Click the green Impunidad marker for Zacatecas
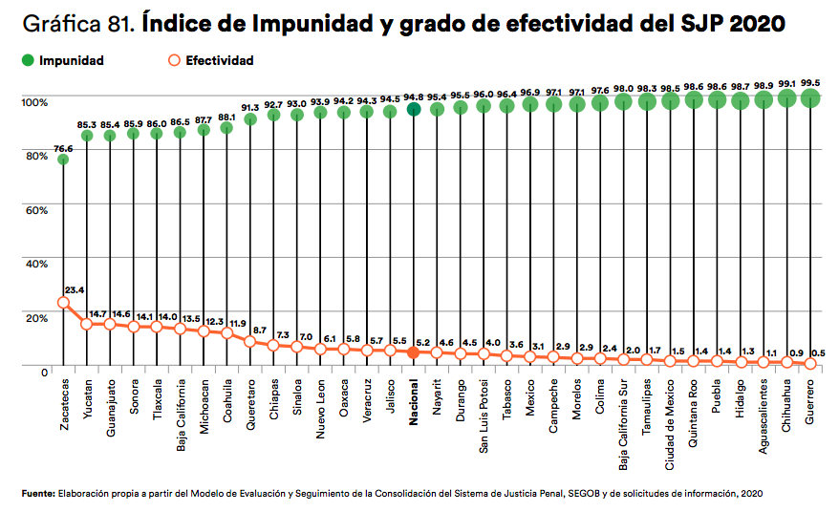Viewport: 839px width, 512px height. pos(63,160)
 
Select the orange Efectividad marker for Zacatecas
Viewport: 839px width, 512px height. pos(63,303)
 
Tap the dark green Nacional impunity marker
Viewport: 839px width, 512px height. pos(414,109)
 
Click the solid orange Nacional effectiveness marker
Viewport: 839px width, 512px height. pos(414,352)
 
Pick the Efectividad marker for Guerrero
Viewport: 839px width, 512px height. pos(810,363)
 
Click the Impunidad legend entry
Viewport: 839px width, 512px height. pos(63,61)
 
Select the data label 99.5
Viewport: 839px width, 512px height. pos(811,82)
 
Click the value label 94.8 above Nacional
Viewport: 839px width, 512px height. pos(414,96)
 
